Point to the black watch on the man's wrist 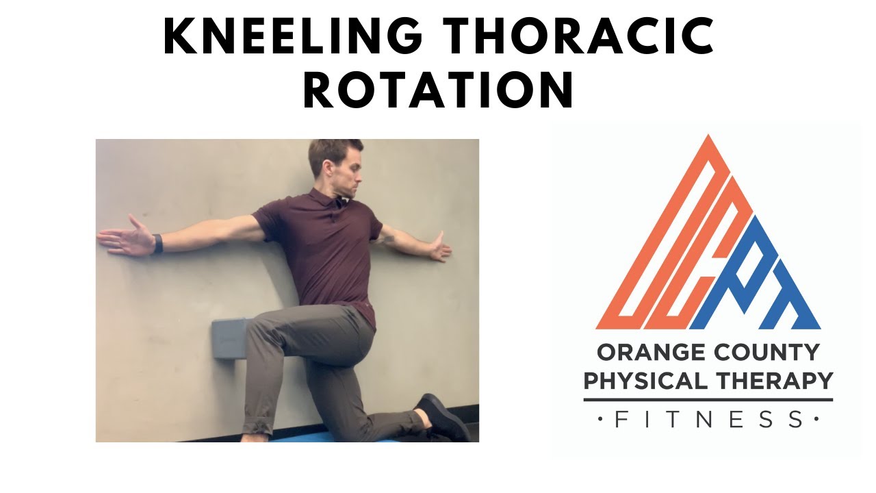point(158,243)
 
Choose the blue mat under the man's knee point(342,437)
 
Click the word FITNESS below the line point(708,419)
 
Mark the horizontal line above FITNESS point(708,399)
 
